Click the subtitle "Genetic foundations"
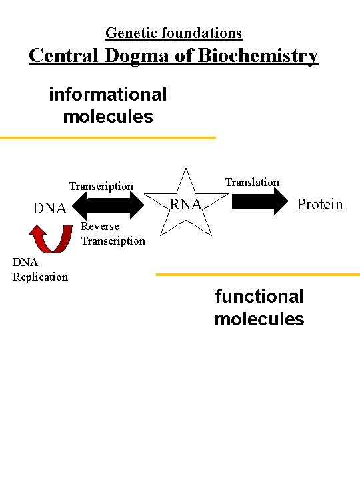point(173,33)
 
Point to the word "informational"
point(108,95)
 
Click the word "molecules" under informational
point(108,117)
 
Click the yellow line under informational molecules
point(108,138)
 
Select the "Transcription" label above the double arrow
point(101,187)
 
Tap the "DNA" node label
point(51,209)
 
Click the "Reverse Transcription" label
point(112,233)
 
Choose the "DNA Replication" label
point(40,270)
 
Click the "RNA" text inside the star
point(186,204)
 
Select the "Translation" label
point(252,182)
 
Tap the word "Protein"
point(320,204)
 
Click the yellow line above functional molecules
point(257,274)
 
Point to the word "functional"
point(259,297)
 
